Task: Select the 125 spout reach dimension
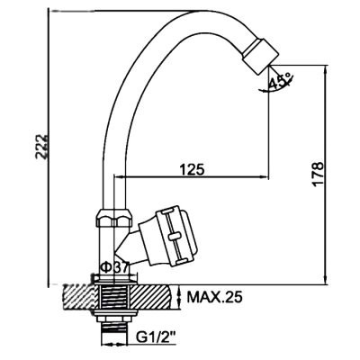tap(192, 169)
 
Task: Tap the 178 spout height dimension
tap(318, 174)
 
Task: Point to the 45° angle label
tap(281, 80)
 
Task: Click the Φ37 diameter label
tap(115, 266)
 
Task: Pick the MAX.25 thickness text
tap(214, 297)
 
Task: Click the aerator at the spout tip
tap(260, 56)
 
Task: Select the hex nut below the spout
tap(114, 218)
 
